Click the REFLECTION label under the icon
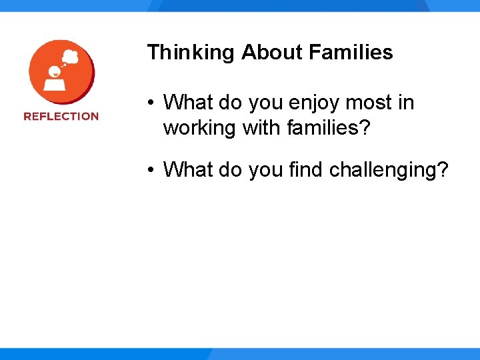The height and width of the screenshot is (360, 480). tap(61, 116)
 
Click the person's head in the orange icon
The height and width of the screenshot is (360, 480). tap(53, 71)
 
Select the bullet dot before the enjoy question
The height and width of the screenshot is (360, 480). tap(153, 103)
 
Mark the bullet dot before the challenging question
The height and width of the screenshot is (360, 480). tap(153, 171)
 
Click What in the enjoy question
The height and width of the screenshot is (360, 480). tap(187, 103)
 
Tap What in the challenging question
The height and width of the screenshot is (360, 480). tap(187, 170)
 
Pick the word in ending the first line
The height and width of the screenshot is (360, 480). tap(406, 103)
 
